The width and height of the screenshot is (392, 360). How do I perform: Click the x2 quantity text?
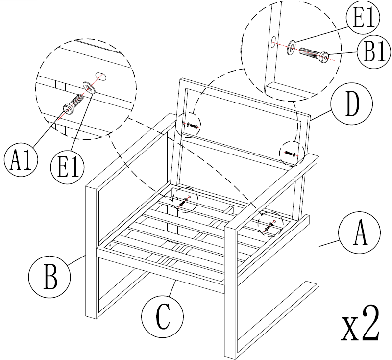(x=361, y=327)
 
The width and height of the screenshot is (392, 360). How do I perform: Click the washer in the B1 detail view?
(x=292, y=46)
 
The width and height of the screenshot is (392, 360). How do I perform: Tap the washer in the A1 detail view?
(x=89, y=87)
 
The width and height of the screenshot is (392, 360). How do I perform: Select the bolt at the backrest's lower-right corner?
(x=290, y=154)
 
